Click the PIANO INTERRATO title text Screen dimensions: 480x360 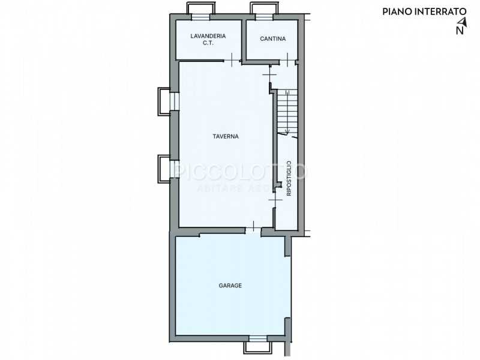[424, 11]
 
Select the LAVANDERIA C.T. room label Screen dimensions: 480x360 [208, 40]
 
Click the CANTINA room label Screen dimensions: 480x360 [273, 38]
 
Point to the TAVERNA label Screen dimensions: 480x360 [226, 136]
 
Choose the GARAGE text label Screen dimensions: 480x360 [230, 286]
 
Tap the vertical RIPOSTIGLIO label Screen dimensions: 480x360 [289, 178]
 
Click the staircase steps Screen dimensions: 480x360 [287, 111]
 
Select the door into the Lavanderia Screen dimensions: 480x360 [232, 60]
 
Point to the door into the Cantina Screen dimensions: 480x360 [287, 60]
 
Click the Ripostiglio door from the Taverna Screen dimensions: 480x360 [275, 200]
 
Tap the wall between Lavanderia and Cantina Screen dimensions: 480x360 [244, 40]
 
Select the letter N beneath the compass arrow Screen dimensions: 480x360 [460, 31]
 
